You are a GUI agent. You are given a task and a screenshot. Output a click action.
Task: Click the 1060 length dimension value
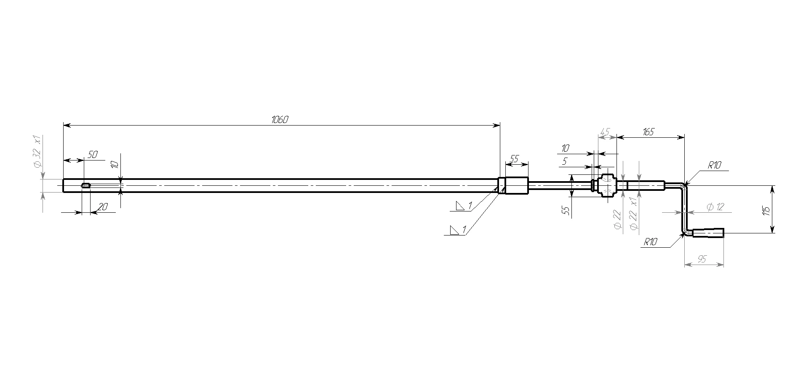click(280, 120)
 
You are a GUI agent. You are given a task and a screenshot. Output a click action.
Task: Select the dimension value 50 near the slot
click(92, 155)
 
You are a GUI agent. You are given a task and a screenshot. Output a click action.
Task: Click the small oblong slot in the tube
click(86, 185)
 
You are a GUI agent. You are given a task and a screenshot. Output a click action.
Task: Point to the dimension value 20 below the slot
click(103, 206)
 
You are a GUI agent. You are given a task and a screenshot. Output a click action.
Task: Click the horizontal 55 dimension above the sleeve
click(514, 159)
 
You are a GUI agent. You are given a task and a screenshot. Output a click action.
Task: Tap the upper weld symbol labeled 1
click(463, 206)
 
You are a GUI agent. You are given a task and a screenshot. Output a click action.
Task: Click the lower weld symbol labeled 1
click(457, 230)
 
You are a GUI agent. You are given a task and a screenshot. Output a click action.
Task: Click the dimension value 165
click(648, 132)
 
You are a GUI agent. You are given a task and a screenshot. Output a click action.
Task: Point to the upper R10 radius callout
click(714, 166)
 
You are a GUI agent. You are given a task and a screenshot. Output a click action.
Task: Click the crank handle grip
click(708, 233)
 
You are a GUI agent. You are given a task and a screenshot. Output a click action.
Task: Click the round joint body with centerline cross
click(606, 185)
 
